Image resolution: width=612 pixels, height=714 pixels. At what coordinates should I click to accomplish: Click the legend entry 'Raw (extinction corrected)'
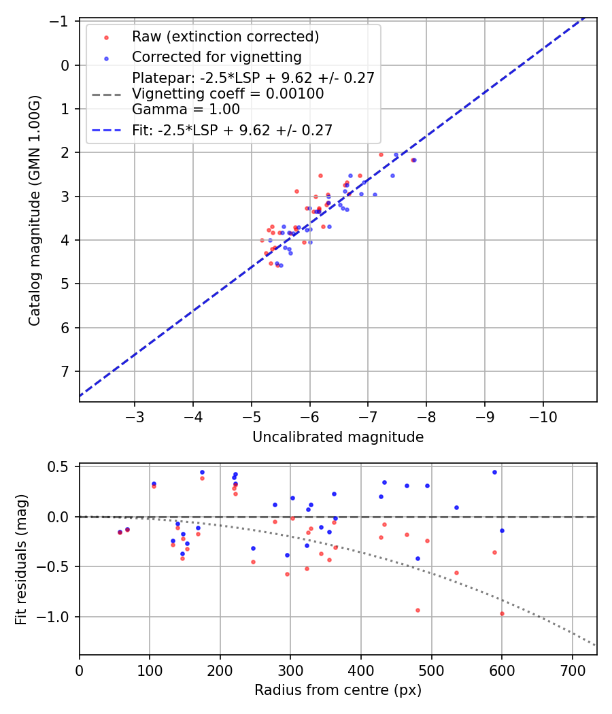(x=225, y=36)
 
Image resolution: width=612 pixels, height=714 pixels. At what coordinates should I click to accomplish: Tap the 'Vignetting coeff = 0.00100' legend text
(x=228, y=93)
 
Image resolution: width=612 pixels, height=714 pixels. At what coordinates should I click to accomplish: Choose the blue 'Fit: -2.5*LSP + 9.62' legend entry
(x=232, y=130)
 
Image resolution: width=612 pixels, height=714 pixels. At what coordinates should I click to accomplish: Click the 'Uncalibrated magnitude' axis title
(x=338, y=437)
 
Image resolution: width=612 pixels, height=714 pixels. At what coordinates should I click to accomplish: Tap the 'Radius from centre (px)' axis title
(x=338, y=690)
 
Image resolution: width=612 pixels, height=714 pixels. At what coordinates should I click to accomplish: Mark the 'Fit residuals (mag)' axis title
(x=21, y=560)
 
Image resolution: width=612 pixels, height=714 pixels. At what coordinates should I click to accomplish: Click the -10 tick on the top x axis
(x=543, y=414)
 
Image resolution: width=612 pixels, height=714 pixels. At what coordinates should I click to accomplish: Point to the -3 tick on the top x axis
(x=135, y=414)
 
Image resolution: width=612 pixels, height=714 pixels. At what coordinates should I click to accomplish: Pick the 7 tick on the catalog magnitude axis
(x=65, y=371)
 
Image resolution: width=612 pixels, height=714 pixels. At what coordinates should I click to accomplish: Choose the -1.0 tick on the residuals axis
(x=56, y=617)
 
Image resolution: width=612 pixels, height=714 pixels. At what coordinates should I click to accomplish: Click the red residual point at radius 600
(x=502, y=613)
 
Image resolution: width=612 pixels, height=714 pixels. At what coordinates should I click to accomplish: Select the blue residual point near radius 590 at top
(x=494, y=472)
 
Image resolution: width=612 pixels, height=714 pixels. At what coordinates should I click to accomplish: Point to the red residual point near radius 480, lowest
(x=418, y=610)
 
